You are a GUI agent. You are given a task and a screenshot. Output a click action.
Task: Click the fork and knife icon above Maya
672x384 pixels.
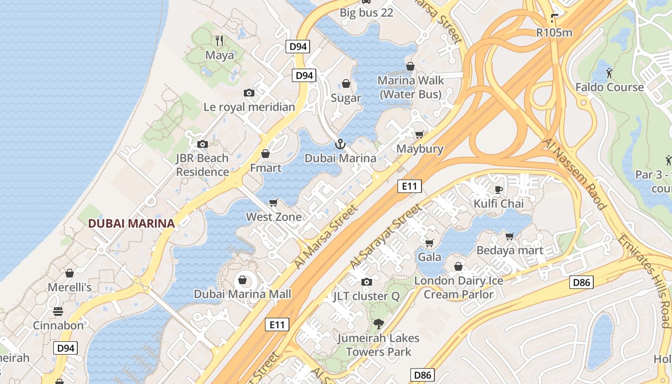(x=219, y=40)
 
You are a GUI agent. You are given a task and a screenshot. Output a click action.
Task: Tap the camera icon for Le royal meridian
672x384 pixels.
(x=249, y=93)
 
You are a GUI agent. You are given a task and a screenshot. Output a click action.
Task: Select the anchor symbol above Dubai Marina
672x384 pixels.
(x=340, y=144)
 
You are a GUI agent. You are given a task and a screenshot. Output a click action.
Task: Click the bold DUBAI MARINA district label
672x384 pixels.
(x=131, y=223)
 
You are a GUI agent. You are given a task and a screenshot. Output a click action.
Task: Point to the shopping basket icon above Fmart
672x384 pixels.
(x=265, y=154)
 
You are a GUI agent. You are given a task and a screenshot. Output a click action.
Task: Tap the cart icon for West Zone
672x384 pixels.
(x=274, y=203)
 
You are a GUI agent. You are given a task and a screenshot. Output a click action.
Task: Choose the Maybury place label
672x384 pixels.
(x=420, y=149)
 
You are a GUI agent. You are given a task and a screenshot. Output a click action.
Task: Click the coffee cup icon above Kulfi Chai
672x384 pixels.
(x=499, y=189)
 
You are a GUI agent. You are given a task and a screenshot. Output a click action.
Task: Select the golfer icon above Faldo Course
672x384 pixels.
(x=609, y=73)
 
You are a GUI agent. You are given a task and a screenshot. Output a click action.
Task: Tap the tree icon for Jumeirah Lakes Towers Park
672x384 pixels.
(x=378, y=324)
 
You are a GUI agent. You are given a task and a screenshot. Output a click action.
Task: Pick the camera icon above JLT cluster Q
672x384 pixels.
(x=366, y=282)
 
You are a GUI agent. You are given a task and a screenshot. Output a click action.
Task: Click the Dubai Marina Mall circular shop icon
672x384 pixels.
(x=242, y=280)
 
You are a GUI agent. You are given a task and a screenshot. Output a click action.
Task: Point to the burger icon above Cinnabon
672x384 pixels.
(x=58, y=312)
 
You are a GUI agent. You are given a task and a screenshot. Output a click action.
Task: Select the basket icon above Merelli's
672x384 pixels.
(x=70, y=273)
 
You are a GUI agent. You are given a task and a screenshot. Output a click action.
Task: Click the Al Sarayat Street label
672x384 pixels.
(x=385, y=236)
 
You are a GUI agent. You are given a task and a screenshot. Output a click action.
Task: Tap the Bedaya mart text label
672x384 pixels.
(x=509, y=250)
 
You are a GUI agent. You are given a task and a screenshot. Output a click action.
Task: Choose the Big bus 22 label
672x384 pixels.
(x=366, y=13)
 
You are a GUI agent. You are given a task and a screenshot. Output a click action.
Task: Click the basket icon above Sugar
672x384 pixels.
(x=346, y=84)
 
